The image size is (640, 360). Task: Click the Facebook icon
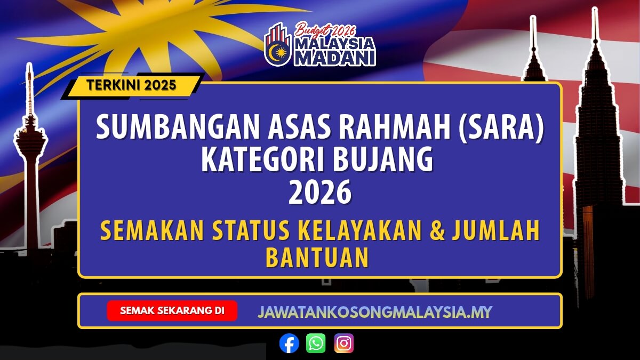tap(289, 343)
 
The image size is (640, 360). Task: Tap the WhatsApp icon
tap(316, 343)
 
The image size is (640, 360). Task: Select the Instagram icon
tap(344, 343)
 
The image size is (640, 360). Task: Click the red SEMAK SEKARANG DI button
tap(172, 310)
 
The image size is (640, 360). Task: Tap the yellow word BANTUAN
tap(317, 258)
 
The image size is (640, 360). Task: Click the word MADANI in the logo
tap(335, 57)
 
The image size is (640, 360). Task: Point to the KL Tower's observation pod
tap(30, 140)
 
